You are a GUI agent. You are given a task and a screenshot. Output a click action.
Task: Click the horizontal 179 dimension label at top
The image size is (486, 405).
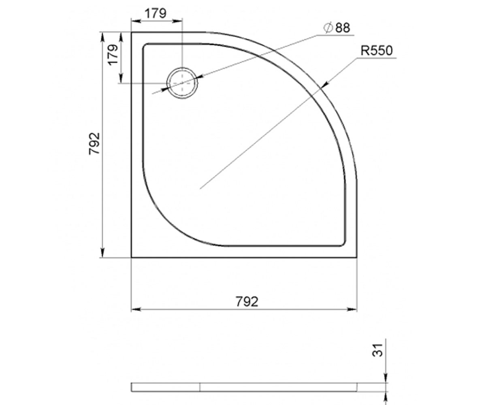156,13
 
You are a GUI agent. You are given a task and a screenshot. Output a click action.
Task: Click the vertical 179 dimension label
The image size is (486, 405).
113,55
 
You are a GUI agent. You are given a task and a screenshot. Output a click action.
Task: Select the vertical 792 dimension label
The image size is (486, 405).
94,144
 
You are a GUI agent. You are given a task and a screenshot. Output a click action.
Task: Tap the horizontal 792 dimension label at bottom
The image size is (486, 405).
247,302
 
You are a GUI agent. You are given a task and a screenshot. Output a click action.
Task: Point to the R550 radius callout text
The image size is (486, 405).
377,51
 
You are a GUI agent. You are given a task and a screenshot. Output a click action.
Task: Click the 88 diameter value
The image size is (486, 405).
343,28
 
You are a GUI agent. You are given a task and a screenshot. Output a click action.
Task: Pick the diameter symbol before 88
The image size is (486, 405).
328,28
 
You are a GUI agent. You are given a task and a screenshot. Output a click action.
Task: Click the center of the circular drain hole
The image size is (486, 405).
182,83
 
